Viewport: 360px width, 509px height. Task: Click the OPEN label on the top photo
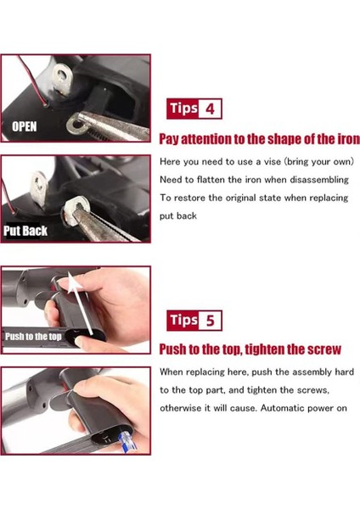(25, 126)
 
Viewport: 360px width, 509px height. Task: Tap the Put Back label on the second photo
(25, 231)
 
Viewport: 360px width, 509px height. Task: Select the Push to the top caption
(33, 336)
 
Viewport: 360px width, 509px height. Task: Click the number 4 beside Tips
(211, 109)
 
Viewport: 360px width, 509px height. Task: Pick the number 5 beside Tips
(211, 321)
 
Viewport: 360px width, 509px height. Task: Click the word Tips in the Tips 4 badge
(183, 109)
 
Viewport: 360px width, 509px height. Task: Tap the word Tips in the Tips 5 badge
(183, 321)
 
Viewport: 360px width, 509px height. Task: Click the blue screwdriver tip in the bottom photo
(127, 441)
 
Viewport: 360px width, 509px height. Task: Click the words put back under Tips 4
(178, 215)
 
